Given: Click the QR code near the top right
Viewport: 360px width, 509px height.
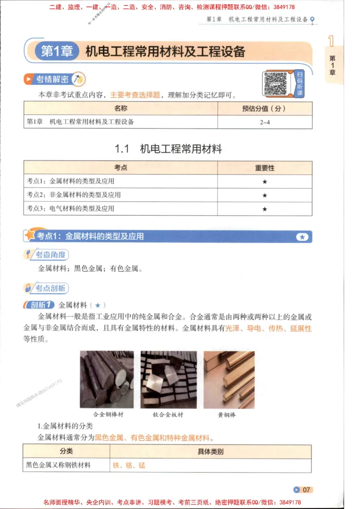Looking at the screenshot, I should pos(275,83).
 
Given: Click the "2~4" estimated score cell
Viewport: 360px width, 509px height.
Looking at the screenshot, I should pos(265,122).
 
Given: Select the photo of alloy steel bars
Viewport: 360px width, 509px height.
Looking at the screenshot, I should pos(107,379).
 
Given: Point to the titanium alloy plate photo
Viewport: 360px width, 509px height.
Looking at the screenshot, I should pos(168,379).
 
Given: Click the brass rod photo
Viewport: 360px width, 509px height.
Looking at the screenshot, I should pos(229,379).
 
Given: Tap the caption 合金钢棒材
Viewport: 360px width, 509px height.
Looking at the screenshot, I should pos(108,415).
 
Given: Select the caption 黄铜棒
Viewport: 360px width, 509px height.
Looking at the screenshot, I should pos(227,415).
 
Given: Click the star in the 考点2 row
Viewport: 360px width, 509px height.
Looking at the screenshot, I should pos(265,195).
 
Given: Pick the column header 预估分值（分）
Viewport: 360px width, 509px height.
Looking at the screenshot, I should pos(265,108).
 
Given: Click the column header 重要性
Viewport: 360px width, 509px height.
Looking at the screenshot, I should pos(265,168).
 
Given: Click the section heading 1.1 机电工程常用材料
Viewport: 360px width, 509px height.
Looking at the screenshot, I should pos(168,149).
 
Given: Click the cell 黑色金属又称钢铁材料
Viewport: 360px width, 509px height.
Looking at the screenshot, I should pos(59,465).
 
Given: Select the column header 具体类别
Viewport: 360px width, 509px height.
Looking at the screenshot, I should pos(210,451).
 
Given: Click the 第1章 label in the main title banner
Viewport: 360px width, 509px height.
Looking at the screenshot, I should pos(57,52).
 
